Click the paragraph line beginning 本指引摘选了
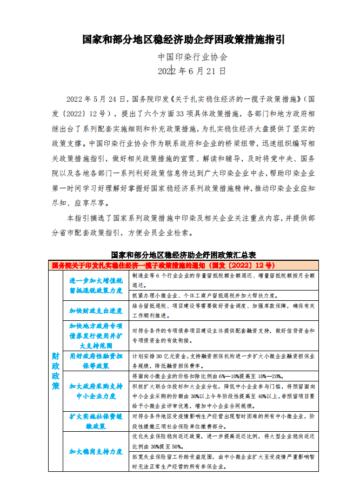point(189,219)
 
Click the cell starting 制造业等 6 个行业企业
point(224,280)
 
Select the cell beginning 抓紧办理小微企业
point(224,295)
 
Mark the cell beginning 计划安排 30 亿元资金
point(224,361)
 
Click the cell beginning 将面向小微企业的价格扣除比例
point(224,376)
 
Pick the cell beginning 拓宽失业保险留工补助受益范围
point(224,461)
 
